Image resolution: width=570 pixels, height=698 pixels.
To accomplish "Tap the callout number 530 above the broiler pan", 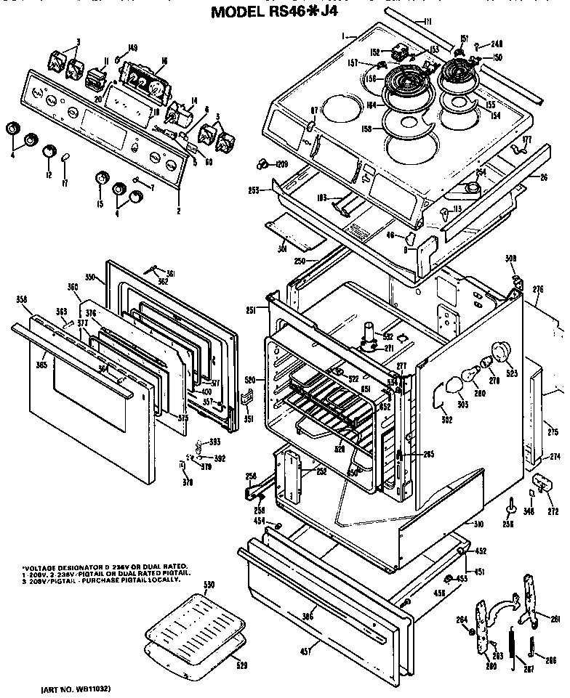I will [209, 585].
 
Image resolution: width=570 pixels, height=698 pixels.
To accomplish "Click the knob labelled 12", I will [49, 152].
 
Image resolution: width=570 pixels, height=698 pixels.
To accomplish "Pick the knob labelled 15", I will [101, 179].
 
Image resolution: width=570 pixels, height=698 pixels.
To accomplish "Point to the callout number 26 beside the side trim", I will [543, 176].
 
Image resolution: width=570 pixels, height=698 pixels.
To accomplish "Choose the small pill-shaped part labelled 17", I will [65, 158].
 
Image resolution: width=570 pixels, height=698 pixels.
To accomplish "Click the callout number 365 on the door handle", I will [41, 364].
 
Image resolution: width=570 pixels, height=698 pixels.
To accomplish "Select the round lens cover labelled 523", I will [500, 351].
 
